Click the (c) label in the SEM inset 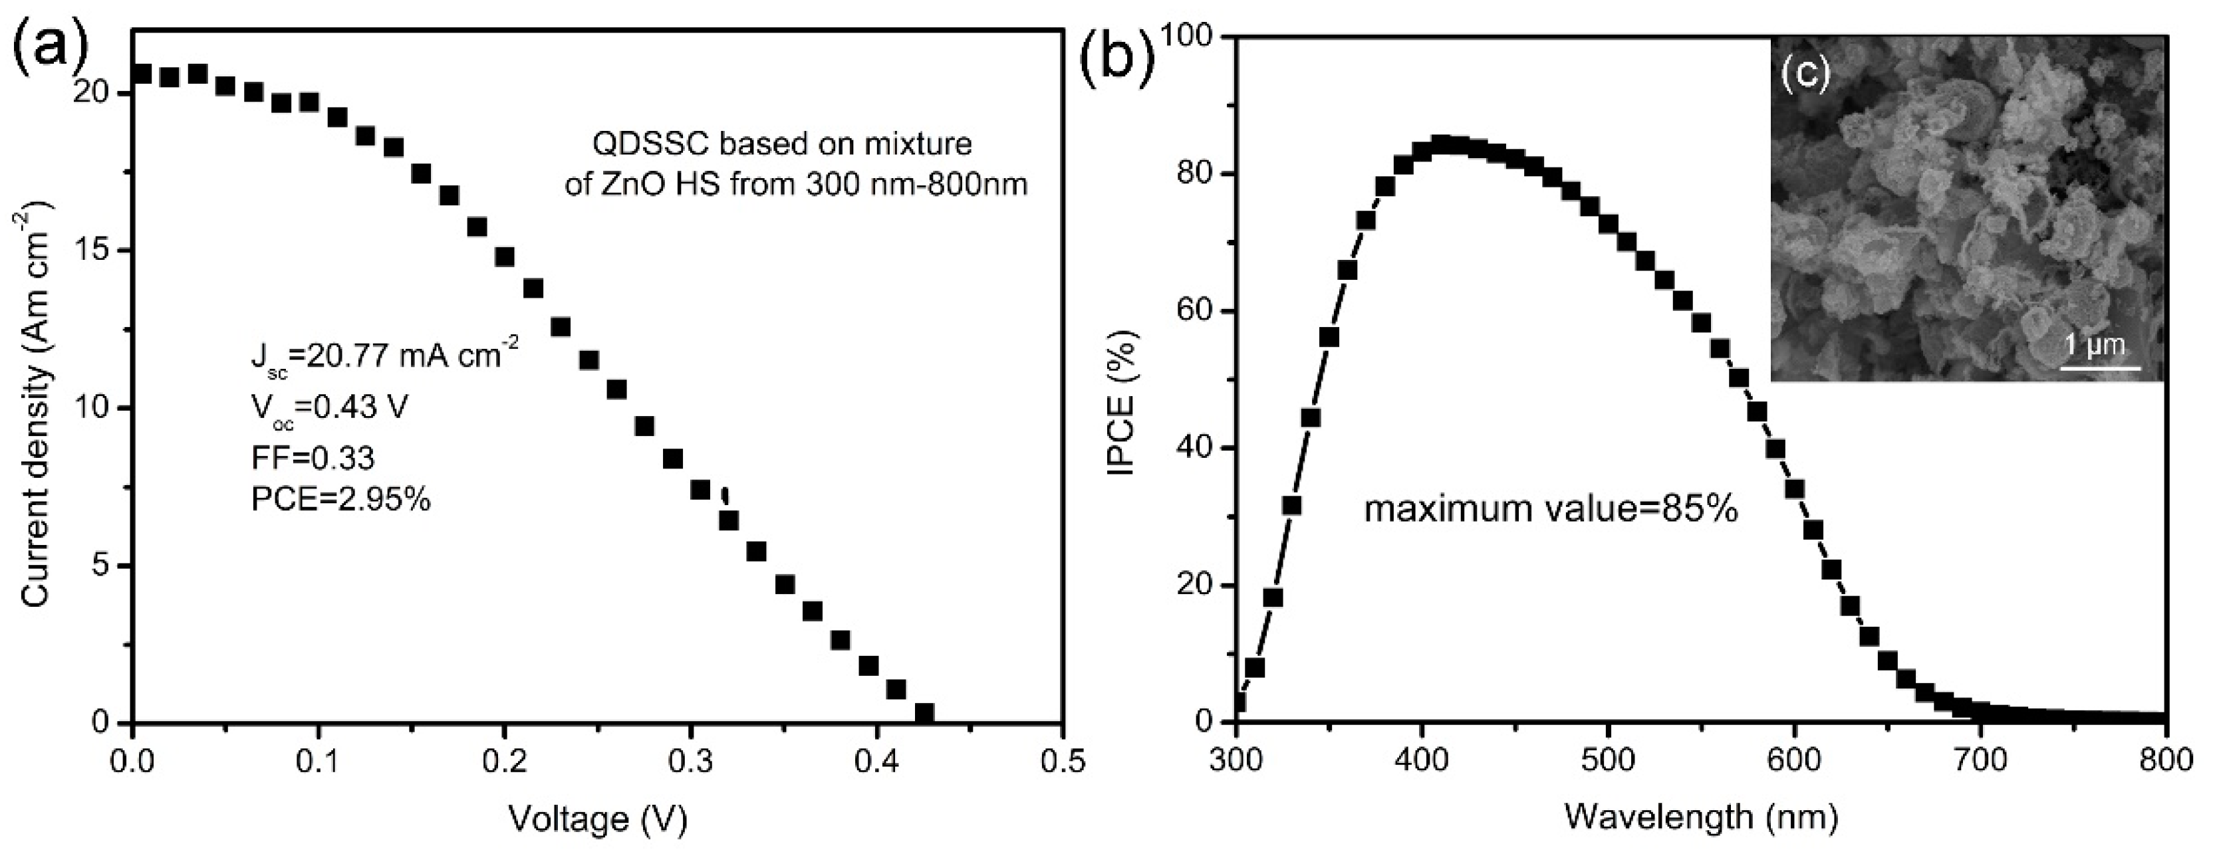click(1804, 75)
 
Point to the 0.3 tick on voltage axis click(690, 761)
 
